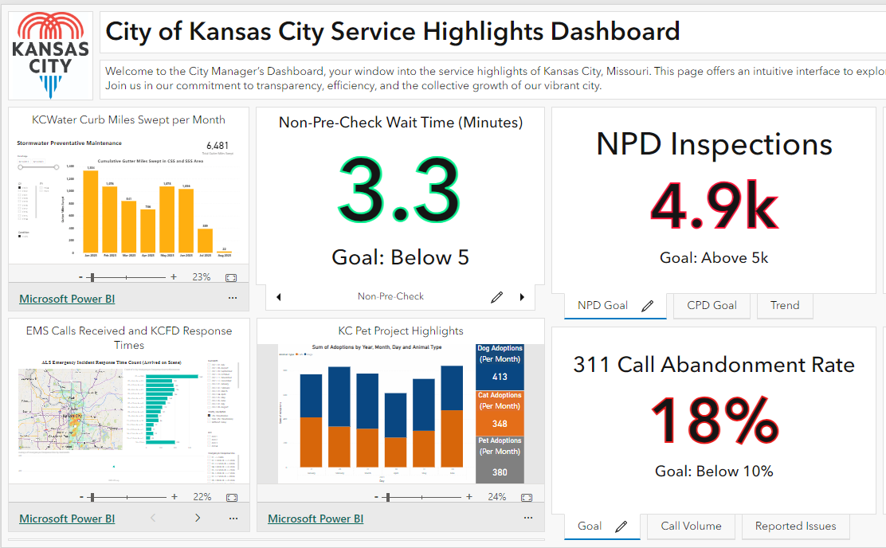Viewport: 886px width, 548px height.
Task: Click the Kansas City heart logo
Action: click(52, 54)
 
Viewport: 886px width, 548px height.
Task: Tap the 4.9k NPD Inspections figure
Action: click(714, 206)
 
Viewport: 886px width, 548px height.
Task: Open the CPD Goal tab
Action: click(712, 305)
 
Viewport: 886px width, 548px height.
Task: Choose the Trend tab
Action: click(784, 305)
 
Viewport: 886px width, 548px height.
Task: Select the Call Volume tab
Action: click(691, 526)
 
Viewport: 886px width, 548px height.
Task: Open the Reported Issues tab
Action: click(795, 526)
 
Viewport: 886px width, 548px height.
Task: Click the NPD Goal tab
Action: click(602, 305)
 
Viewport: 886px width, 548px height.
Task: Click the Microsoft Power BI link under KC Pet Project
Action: click(316, 519)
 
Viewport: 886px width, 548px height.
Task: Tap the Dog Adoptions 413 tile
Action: click(500, 365)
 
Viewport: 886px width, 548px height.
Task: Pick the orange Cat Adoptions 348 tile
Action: click(500, 411)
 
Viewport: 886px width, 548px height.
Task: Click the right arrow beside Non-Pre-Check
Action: click(522, 297)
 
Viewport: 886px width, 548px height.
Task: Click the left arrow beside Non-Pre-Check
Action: click(278, 297)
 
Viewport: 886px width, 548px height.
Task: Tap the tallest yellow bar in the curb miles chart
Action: click(91, 212)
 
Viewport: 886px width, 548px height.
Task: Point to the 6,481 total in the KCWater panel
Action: click(217, 146)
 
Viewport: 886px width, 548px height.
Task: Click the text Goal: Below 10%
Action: click(714, 471)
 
